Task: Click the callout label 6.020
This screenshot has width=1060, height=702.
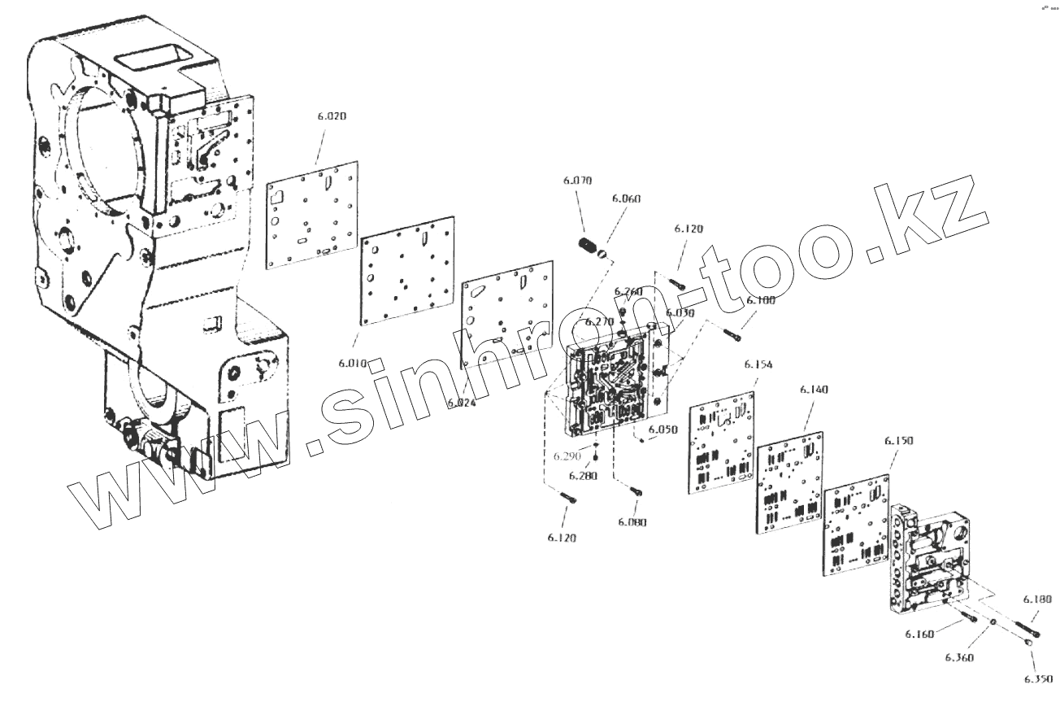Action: [x=332, y=116]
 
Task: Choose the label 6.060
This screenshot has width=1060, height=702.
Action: [x=627, y=198]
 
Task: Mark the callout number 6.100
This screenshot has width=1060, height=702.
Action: [x=761, y=300]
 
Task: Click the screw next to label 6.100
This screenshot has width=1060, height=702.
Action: [x=732, y=332]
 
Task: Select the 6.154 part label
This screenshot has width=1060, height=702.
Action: [x=758, y=364]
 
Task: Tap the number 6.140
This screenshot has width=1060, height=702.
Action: [x=814, y=390]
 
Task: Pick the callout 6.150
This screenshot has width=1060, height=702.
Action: [x=898, y=440]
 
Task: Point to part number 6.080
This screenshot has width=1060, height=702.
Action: [x=632, y=521]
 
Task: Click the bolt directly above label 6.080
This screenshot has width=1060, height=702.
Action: [x=636, y=491]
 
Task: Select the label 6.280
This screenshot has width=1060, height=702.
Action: [x=583, y=475]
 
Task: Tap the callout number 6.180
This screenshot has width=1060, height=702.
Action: [x=1036, y=599]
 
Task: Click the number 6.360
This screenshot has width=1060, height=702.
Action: [x=959, y=656]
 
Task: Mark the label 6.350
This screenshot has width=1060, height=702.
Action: [x=1037, y=678]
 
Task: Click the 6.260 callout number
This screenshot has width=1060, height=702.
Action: [x=628, y=291]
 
